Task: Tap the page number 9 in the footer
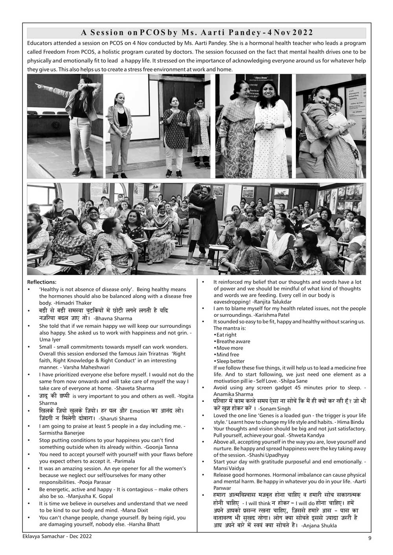(x=369, y=538)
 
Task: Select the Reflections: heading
(x=42, y=282)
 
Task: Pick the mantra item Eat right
(x=226, y=335)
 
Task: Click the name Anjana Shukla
(x=319, y=526)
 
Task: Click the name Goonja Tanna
(x=162, y=447)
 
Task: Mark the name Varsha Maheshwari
(x=84, y=367)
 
